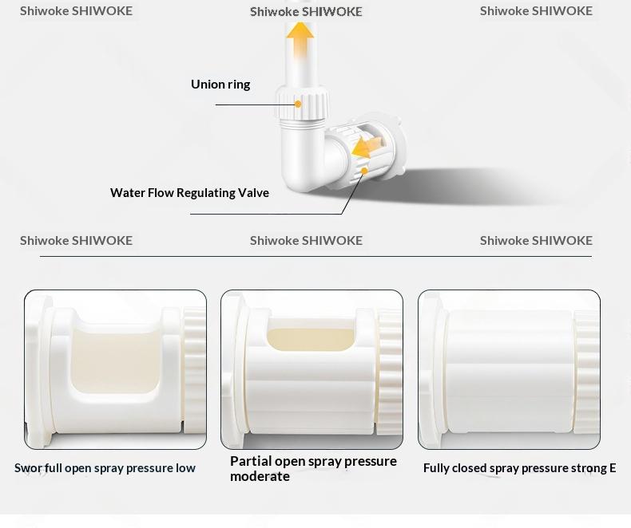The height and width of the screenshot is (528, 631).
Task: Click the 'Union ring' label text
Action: [220, 85]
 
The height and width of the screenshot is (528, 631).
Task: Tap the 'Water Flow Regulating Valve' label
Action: [189, 193]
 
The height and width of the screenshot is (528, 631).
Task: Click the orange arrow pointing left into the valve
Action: [366, 147]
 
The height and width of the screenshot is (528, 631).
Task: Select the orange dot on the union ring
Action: [298, 104]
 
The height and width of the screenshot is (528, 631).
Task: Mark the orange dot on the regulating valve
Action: [364, 171]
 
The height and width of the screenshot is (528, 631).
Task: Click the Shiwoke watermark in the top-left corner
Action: [76, 11]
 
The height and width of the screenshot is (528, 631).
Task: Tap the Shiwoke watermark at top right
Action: [536, 11]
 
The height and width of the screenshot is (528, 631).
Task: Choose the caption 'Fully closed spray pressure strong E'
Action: [519, 468]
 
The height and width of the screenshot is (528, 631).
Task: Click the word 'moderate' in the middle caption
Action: [260, 477]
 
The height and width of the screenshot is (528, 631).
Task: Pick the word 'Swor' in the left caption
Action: [28, 468]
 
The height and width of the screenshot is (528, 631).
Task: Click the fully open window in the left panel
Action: [115, 360]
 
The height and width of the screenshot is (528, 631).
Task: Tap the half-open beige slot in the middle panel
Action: [311, 340]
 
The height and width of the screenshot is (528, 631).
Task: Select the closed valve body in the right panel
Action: [510, 372]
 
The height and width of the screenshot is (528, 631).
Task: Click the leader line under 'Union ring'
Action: [256, 104]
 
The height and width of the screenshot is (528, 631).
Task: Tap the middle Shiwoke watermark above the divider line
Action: [306, 241]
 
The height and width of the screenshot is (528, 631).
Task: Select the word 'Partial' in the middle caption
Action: [251, 461]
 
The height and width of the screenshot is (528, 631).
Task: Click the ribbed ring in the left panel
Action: [195, 370]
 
